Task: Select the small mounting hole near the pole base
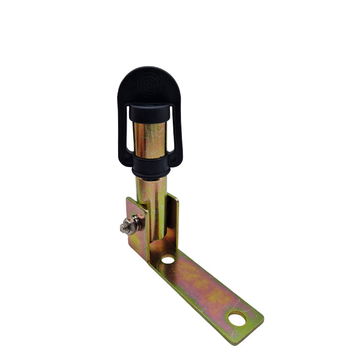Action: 168,260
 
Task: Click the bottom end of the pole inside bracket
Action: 156,235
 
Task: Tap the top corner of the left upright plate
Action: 128,199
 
